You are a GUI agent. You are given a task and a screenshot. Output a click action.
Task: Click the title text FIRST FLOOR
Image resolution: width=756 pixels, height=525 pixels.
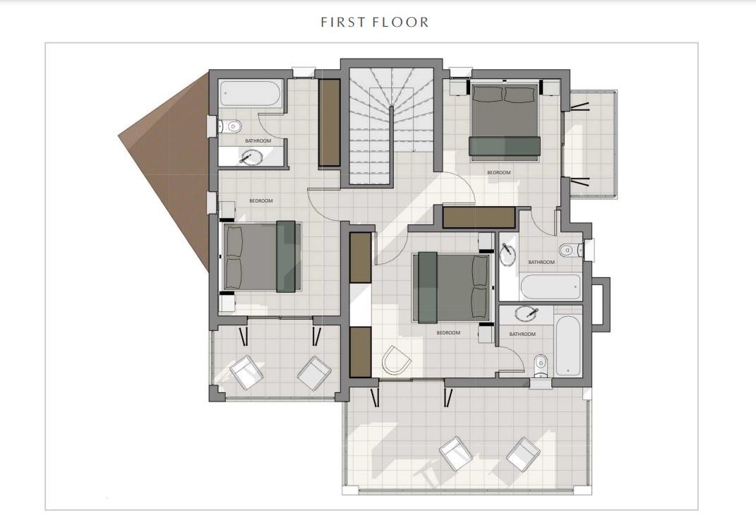coord(375,22)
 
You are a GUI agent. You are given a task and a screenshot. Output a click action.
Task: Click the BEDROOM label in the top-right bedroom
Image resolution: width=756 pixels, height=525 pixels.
coord(498,173)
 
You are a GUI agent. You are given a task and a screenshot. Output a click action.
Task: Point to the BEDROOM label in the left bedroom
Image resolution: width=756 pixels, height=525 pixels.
coord(261,200)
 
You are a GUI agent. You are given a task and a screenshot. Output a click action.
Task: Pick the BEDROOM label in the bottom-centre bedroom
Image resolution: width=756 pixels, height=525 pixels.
coord(448,332)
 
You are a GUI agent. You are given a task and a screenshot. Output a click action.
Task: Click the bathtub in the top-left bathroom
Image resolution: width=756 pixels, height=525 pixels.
coord(250,94)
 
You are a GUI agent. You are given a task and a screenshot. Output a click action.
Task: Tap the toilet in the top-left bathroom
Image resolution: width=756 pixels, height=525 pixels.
coord(230,127)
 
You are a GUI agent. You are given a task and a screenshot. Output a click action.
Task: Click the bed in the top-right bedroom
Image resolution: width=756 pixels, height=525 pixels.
coord(504,121)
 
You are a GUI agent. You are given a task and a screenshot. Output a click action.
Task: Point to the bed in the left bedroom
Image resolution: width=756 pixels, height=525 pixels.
coord(261,256)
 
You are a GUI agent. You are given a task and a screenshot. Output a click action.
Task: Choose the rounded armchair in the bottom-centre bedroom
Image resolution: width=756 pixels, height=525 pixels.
coord(396,360)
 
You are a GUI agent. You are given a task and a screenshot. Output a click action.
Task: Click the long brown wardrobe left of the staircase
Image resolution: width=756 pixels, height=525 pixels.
coord(330,123)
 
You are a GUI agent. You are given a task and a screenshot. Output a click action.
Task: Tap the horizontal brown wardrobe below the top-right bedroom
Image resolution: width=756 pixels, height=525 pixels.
coord(479,217)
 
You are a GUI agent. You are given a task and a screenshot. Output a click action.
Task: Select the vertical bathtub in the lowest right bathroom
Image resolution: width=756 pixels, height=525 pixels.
coord(568,346)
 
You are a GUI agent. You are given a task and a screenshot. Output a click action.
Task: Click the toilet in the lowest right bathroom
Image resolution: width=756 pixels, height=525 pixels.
coord(541,366)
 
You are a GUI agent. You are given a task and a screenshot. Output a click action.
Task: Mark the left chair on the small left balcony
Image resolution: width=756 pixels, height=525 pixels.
coord(246,372)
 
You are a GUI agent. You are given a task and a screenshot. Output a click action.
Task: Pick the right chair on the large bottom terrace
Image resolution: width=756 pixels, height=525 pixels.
coord(522,454)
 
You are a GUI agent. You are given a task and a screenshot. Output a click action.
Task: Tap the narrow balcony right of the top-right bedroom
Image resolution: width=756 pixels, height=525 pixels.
coord(592,144)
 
